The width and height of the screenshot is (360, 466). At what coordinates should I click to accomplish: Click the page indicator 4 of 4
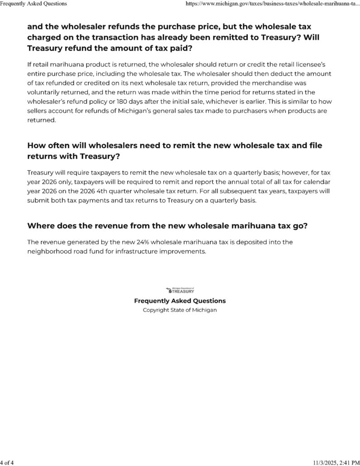(8, 462)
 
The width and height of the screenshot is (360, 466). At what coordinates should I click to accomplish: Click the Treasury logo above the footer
(180, 290)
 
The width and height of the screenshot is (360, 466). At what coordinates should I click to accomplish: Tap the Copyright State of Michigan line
(180, 310)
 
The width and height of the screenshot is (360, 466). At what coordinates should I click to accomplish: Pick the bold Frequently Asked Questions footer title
(180, 301)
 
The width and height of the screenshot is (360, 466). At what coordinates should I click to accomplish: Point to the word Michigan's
(166, 111)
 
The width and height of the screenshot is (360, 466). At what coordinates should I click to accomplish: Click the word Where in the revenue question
(41, 225)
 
